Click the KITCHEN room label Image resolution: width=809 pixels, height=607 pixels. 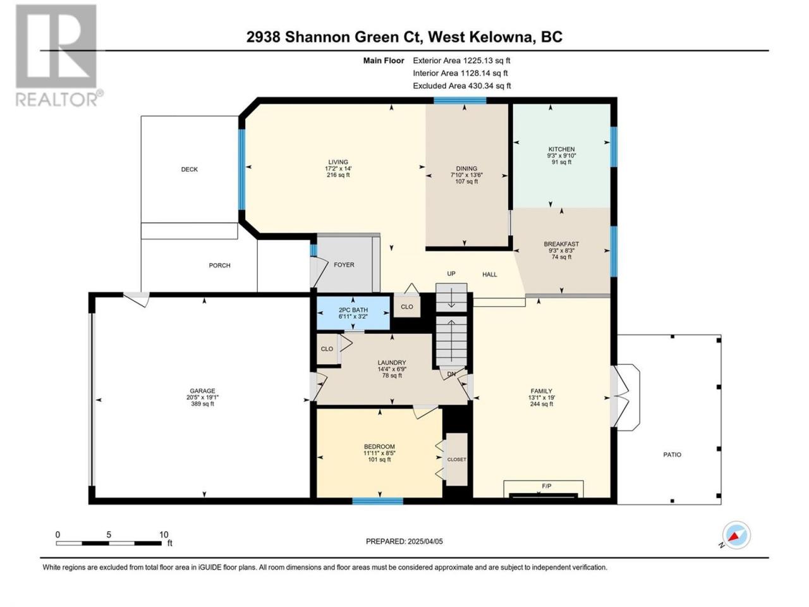[x=561, y=149]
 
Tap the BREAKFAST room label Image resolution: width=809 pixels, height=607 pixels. [x=561, y=244]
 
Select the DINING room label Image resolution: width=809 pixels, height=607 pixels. [x=466, y=169]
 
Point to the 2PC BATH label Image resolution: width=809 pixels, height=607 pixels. [x=353, y=310]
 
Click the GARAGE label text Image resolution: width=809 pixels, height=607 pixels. [x=202, y=391]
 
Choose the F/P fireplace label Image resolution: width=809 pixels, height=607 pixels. [x=546, y=486]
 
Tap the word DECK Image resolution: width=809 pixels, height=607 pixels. [x=190, y=169]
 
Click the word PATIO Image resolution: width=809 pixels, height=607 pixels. [x=672, y=455]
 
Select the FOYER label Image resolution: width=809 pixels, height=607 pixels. [x=344, y=265]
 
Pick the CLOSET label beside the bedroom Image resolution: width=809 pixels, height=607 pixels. [x=456, y=460]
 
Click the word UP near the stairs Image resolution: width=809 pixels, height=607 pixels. [x=451, y=273]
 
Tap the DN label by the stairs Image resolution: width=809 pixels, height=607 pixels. [x=451, y=374]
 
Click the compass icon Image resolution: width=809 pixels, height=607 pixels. [x=736, y=535]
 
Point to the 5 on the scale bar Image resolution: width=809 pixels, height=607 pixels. [x=109, y=535]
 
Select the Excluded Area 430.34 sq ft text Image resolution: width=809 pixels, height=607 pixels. [x=462, y=86]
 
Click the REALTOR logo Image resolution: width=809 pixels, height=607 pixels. [x=59, y=55]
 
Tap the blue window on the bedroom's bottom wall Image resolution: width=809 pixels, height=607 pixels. [x=378, y=501]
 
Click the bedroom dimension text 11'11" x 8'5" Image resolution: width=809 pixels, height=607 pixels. [x=379, y=453]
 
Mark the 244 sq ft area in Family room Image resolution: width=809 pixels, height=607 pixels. [x=541, y=404]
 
